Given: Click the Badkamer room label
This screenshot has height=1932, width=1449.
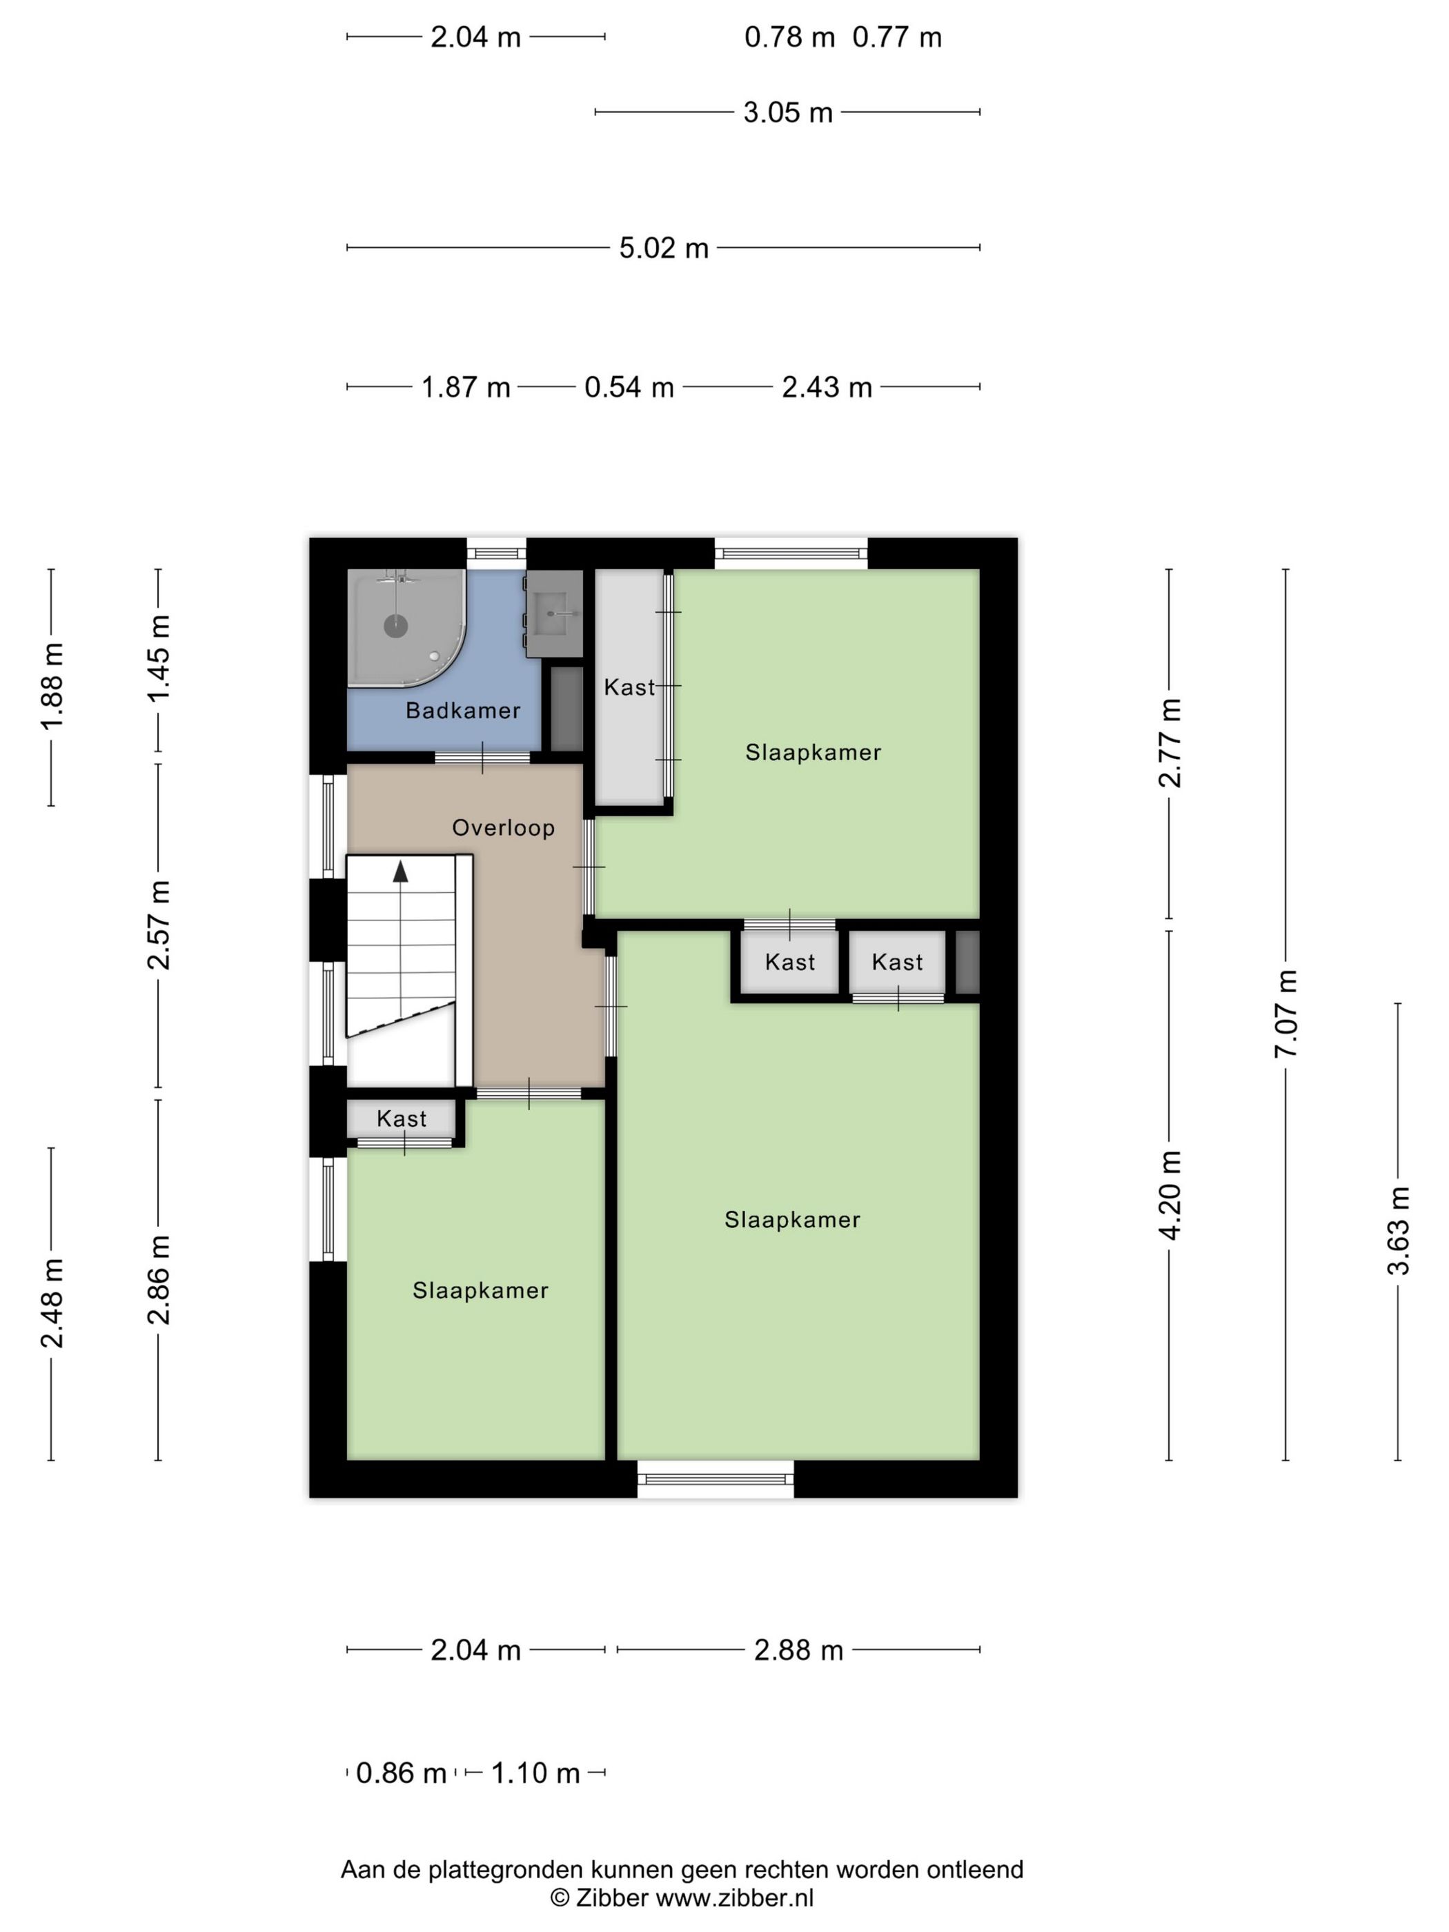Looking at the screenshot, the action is click(x=463, y=710).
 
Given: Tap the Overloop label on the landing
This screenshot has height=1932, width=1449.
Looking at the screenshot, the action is click(x=503, y=827).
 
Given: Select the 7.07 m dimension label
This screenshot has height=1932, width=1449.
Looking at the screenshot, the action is click(x=1285, y=1013).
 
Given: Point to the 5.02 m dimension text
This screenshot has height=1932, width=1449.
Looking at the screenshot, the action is click(x=664, y=248).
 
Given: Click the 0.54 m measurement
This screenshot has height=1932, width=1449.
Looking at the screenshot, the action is click(x=629, y=387).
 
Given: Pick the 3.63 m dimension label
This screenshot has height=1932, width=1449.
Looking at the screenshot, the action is click(x=1399, y=1231).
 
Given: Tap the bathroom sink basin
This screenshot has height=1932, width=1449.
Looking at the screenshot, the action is click(x=554, y=613).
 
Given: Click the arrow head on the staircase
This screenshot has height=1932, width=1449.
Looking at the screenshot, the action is click(x=401, y=871).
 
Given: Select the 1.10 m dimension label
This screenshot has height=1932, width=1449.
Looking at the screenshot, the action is click(x=535, y=1773).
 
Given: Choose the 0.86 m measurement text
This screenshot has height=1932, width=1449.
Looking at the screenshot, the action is click(x=401, y=1773).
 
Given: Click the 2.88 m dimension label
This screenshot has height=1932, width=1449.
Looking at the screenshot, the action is click(x=798, y=1650).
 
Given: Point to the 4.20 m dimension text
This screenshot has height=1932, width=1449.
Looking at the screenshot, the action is click(x=1170, y=1194).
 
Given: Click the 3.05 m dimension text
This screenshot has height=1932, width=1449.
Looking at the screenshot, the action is click(x=788, y=112).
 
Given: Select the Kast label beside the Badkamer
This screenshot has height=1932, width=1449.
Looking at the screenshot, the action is click(x=629, y=687).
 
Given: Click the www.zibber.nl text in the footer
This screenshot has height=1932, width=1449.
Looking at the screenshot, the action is click(x=735, y=1898).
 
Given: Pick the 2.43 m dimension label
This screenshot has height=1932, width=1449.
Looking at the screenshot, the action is click(x=826, y=387).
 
